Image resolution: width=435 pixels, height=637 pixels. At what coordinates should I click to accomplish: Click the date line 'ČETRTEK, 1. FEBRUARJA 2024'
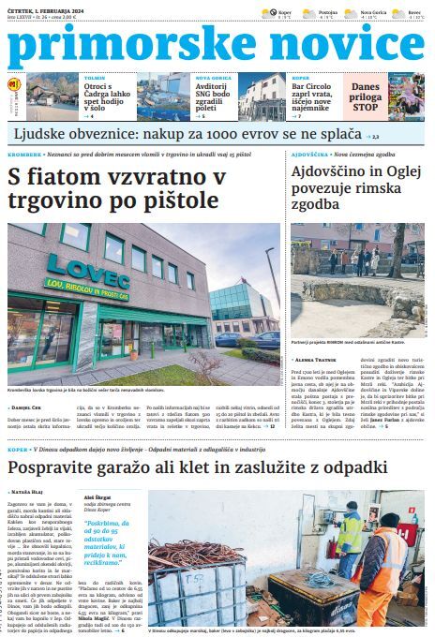[x=46, y=6]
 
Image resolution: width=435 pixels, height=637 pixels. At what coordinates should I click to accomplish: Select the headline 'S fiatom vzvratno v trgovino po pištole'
[x=117, y=187]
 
